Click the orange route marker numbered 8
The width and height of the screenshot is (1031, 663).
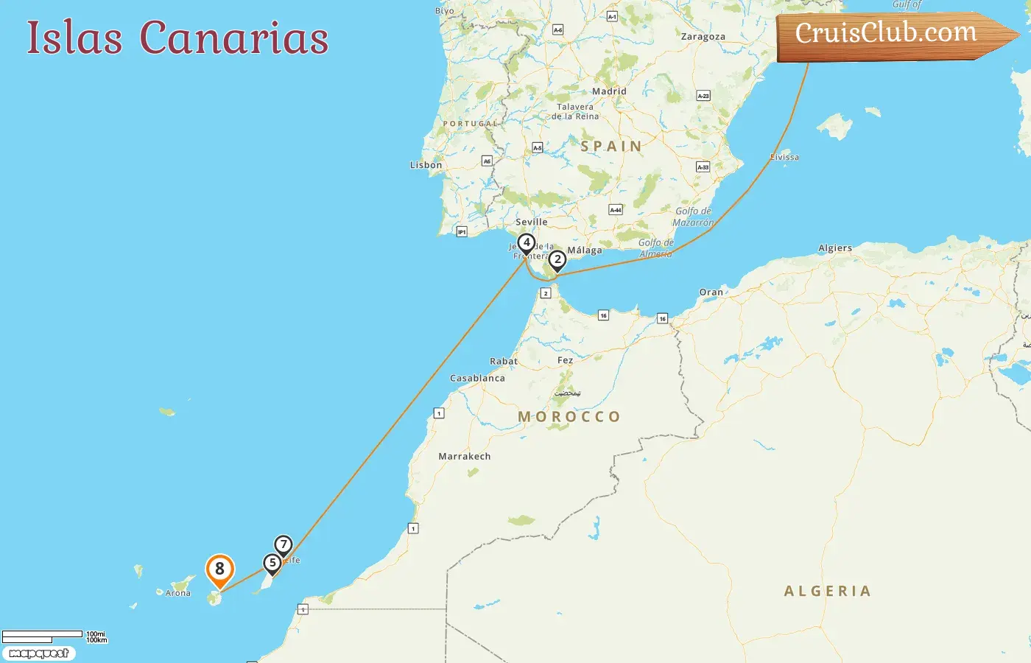coord(219,569)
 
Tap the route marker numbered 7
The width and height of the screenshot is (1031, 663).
coord(284,545)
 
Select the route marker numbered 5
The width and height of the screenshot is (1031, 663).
coord(272,564)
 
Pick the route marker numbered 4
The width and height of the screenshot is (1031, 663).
coord(526,242)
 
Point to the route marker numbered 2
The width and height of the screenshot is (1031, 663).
coord(557,259)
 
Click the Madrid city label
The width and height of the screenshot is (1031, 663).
coord(609,91)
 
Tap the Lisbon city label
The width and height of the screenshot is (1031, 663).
coord(426,165)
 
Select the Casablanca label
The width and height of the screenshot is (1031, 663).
coord(477,378)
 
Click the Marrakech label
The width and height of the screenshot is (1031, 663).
coord(464,456)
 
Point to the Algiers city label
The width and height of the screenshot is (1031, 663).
coord(835,248)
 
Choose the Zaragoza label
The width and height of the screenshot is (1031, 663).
coord(703,37)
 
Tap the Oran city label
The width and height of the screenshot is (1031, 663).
coord(711,292)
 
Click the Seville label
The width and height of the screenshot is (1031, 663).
coord(531,222)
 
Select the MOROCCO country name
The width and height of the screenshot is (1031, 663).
coord(569,417)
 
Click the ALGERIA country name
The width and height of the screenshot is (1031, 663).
coord(828,591)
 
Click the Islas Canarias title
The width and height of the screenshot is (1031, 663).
coord(177,38)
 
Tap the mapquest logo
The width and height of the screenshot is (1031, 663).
coord(38,653)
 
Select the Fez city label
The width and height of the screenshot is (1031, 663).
coord(565,360)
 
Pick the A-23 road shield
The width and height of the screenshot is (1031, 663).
coord(703,96)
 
